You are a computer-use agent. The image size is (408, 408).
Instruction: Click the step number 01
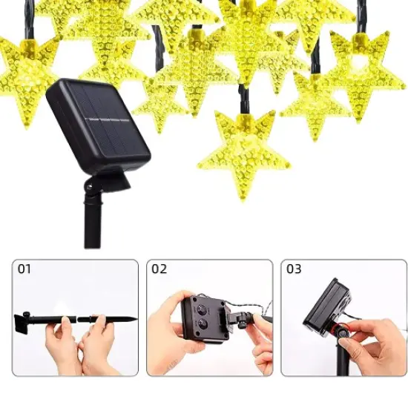tap(24, 269)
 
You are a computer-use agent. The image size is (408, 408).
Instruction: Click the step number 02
tap(159, 269)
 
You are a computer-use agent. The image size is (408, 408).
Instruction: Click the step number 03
tap(294, 269)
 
